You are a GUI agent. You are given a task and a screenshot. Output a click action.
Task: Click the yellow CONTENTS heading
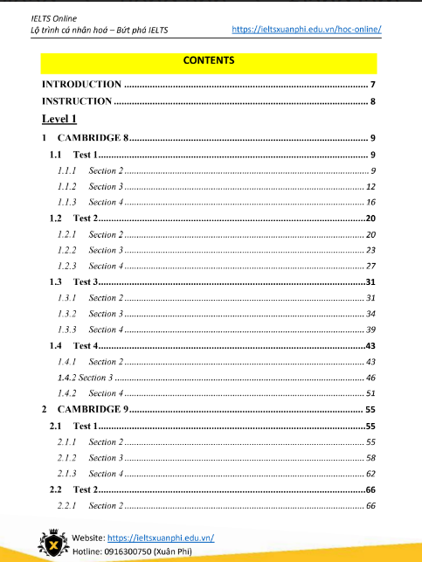pyautogui.click(x=209, y=61)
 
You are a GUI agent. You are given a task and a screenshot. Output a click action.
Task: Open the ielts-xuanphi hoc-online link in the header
pyautogui.click(x=307, y=30)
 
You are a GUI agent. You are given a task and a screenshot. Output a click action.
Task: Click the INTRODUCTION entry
pyautogui.click(x=82, y=85)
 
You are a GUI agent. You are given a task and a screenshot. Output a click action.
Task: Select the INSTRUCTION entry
pyautogui.click(x=78, y=101)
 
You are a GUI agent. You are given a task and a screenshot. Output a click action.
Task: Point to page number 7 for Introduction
pyautogui.click(x=372, y=85)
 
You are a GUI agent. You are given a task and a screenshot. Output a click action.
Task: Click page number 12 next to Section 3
pyautogui.click(x=370, y=186)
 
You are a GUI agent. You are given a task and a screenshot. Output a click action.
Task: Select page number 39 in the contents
pyautogui.click(x=370, y=330)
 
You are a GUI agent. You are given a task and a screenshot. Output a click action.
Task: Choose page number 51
pyautogui.click(x=370, y=393)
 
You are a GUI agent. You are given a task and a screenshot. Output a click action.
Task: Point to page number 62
pyautogui.click(x=370, y=474)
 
